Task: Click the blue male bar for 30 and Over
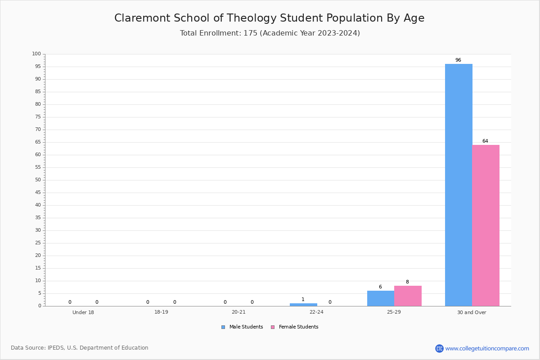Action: [459, 185]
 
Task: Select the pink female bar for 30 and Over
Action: [486, 225]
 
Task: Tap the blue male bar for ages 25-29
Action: [381, 298]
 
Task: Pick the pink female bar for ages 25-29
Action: [408, 296]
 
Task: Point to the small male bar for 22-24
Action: [303, 305]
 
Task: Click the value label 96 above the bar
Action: [458, 60]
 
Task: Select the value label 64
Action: [485, 141]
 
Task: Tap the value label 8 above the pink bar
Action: [407, 282]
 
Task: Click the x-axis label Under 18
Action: [83, 312]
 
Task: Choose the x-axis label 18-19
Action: [161, 312]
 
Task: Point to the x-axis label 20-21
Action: [238, 312]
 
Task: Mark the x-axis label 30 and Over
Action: [472, 312]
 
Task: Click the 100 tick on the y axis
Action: [36, 54]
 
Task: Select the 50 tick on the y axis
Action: [38, 180]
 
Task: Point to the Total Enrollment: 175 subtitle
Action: [270, 33]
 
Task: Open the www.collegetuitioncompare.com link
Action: [487, 348]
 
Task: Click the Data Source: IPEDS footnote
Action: [80, 348]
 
